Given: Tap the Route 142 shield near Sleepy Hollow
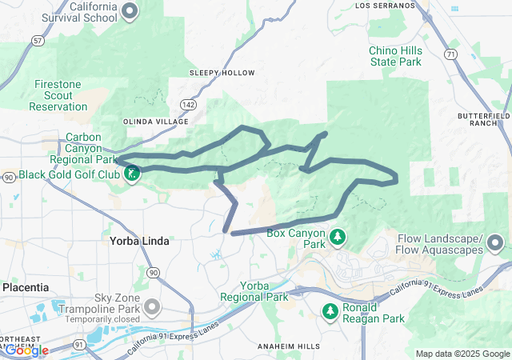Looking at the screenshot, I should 188,104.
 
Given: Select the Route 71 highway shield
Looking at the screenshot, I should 451,54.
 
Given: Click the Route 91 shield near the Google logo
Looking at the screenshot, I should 57,345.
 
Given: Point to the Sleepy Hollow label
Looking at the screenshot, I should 222,73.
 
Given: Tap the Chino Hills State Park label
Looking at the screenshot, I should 394,56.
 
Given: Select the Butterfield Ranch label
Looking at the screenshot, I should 483,120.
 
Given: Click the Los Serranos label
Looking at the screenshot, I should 385,5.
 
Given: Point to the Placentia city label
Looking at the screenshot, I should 26,287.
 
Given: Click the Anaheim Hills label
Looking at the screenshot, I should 288,346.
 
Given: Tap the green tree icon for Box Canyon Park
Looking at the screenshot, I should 338,237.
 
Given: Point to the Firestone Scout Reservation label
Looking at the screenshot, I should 65,95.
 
